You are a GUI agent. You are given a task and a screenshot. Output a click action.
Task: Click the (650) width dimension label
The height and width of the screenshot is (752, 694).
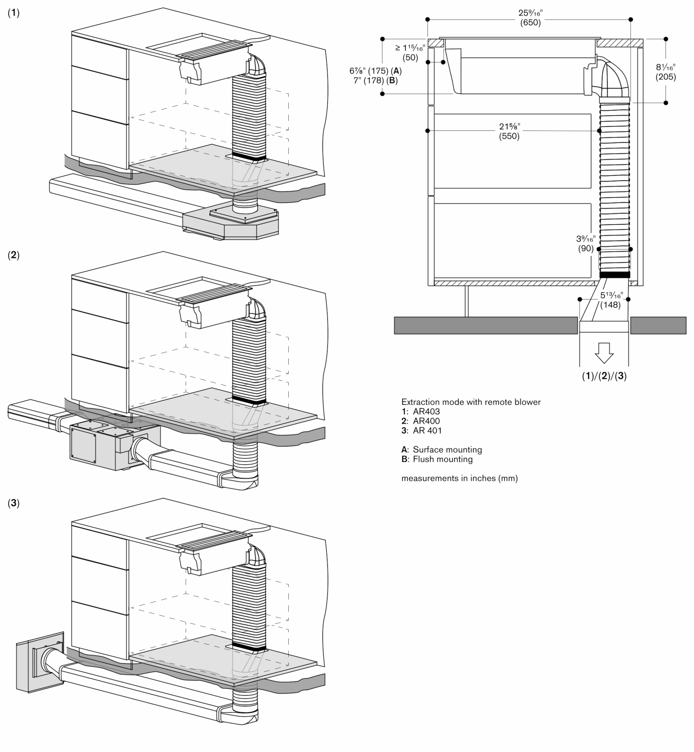(530, 23)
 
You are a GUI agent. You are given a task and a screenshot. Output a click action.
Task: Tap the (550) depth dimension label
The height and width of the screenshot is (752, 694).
(509, 136)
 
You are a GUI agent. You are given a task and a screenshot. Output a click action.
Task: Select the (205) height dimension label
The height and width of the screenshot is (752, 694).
(665, 77)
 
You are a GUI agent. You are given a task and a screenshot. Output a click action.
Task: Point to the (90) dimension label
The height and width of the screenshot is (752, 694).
(586, 249)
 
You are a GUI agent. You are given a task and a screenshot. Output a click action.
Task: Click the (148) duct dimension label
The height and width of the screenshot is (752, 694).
(610, 305)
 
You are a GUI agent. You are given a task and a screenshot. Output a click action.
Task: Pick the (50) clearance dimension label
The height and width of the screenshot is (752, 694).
(410, 58)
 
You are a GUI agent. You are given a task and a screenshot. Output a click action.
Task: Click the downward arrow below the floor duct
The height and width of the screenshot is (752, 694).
(604, 352)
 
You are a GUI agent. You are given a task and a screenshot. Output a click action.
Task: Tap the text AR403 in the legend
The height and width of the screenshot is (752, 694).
(426, 411)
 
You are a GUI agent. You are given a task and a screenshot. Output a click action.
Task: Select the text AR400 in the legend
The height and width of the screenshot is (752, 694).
(426, 421)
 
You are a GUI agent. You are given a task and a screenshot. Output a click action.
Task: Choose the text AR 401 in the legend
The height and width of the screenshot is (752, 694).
(427, 431)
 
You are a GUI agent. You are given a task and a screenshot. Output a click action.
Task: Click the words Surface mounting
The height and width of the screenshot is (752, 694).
(447, 449)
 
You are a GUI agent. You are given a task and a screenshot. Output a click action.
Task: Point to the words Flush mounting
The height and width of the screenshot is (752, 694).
(442, 459)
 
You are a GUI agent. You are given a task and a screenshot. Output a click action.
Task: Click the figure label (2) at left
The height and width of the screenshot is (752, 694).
(14, 255)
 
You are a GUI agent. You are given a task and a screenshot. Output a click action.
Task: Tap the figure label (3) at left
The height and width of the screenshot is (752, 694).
(14, 503)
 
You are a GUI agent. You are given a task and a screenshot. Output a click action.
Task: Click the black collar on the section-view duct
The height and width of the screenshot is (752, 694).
(614, 275)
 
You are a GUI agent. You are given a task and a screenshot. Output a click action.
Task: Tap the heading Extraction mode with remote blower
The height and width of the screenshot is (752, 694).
(471, 402)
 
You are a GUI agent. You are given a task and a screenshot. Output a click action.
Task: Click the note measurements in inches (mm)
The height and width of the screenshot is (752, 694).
(459, 478)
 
